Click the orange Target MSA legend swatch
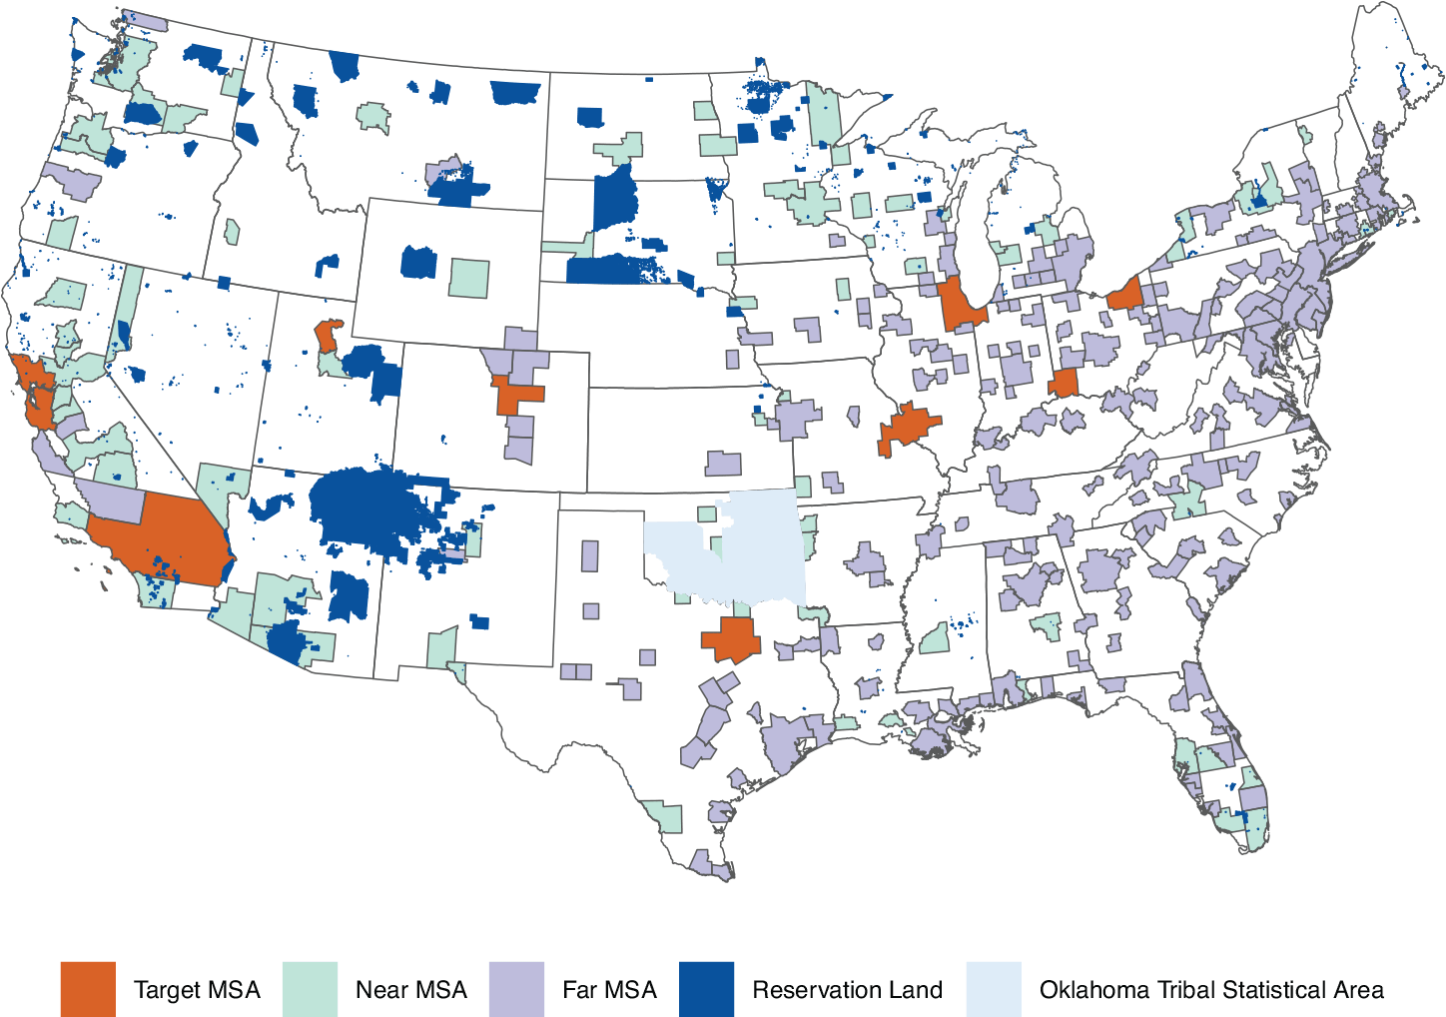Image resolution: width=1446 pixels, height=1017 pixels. point(88,989)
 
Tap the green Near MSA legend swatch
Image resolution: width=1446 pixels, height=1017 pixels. point(310,989)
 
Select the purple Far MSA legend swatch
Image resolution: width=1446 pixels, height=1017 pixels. point(516,989)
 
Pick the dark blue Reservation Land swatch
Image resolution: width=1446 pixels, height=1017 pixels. point(706,989)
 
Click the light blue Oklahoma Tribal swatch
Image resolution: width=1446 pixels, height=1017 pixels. point(994,989)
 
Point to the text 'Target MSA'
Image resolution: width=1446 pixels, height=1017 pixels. point(197,990)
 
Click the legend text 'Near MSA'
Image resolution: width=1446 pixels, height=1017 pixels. point(410,990)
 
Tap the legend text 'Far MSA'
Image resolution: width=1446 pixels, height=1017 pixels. point(609,990)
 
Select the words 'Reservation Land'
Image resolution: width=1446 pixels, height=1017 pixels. point(847,990)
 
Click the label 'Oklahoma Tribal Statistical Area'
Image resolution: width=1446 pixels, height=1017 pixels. point(1211,990)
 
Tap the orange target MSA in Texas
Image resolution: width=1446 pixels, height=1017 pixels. point(733,639)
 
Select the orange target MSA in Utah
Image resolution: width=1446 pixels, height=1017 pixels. point(327,335)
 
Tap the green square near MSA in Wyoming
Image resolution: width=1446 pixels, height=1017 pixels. point(468,278)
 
